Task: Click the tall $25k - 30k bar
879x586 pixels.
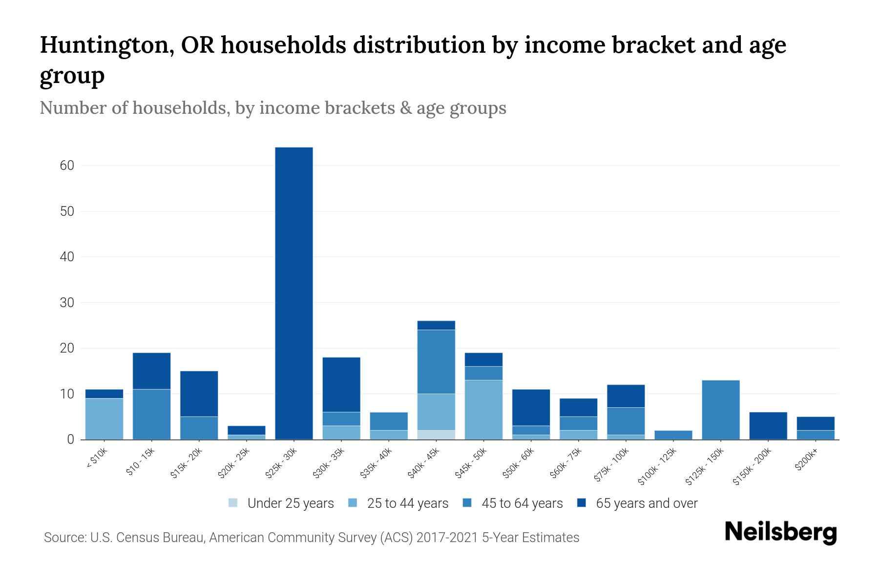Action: [294, 293]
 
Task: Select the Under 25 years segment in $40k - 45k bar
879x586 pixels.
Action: [436, 435]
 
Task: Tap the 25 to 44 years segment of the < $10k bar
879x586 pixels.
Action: [104, 419]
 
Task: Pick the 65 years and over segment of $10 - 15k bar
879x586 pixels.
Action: [151, 371]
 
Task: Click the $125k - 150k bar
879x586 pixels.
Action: [720, 410]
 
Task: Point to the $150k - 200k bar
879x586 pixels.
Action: [768, 426]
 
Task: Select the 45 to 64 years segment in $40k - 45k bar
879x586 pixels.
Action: [436, 362]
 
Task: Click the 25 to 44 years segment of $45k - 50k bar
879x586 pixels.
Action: [483, 410]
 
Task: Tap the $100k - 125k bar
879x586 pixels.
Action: [673, 435]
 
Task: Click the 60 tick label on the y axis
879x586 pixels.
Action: [67, 166]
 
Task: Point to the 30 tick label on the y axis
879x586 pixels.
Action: [67, 303]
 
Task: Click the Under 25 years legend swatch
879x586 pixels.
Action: [233, 503]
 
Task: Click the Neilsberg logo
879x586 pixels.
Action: [780, 532]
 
